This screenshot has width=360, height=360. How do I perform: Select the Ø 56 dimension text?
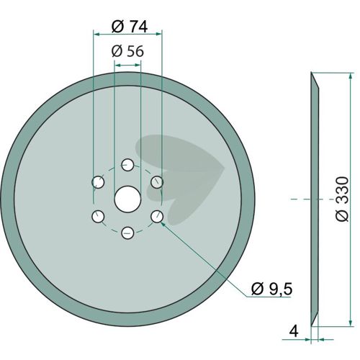click(x=127, y=51)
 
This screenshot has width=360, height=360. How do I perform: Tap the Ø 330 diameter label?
click(x=341, y=199)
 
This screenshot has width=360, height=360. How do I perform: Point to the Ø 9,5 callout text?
click(x=271, y=289)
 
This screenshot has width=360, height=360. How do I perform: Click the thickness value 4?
click(x=294, y=331)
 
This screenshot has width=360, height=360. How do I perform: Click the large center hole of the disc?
click(x=127, y=199)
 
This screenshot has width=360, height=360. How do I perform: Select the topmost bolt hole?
click(x=127, y=165)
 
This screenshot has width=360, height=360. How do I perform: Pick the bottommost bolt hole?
click(x=127, y=233)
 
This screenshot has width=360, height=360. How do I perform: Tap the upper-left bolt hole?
click(x=98, y=182)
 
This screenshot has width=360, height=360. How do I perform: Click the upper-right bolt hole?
click(x=157, y=182)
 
